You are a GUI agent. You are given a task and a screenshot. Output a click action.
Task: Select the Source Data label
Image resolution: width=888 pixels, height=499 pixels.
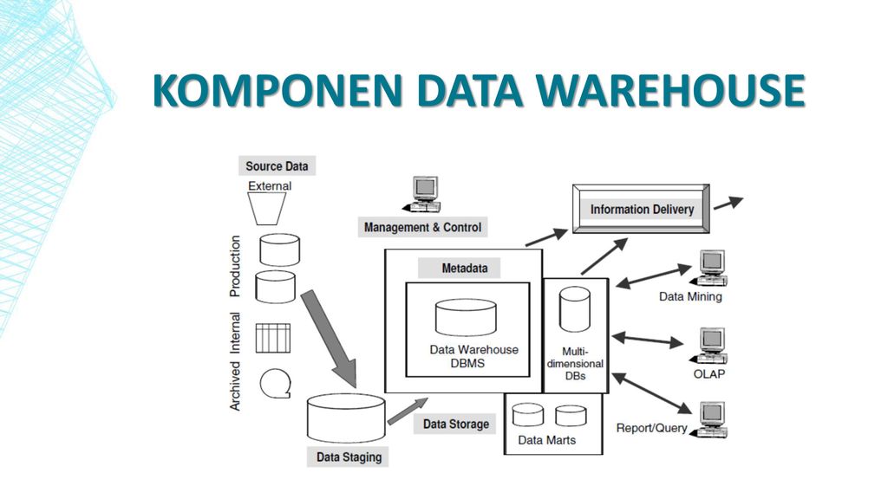pyautogui.click(x=276, y=166)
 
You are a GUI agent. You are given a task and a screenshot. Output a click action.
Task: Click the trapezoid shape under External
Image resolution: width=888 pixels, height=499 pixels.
pyautogui.click(x=270, y=208)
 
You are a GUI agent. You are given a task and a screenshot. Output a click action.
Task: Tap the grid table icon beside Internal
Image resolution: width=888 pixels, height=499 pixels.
pyautogui.click(x=272, y=338)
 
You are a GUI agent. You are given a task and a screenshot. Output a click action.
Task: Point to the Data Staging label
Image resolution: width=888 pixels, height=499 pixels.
pyautogui.click(x=348, y=457)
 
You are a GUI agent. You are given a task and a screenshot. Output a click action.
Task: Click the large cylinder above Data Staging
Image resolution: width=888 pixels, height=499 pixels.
pyautogui.click(x=346, y=418)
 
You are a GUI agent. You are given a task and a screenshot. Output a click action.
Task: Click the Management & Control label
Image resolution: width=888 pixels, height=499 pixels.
pyautogui.click(x=423, y=227)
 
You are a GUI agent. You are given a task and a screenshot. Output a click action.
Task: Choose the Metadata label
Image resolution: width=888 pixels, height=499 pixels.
pyautogui.click(x=464, y=269)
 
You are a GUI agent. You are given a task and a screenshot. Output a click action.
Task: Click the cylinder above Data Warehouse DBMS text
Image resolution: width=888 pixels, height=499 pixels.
pyautogui.click(x=466, y=317)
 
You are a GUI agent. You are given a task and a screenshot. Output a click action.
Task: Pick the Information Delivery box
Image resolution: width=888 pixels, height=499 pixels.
pyautogui.click(x=642, y=210)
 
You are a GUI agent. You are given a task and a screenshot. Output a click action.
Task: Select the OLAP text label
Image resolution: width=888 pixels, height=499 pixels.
pyautogui.click(x=708, y=374)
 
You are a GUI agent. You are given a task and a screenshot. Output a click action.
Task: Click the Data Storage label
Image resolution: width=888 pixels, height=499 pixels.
pyautogui.click(x=455, y=424)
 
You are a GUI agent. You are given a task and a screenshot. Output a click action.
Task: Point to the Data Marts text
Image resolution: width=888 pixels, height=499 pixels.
pyautogui.click(x=546, y=440)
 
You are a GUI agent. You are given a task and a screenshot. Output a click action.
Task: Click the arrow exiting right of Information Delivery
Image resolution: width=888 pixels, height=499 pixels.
pyautogui.click(x=728, y=203)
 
